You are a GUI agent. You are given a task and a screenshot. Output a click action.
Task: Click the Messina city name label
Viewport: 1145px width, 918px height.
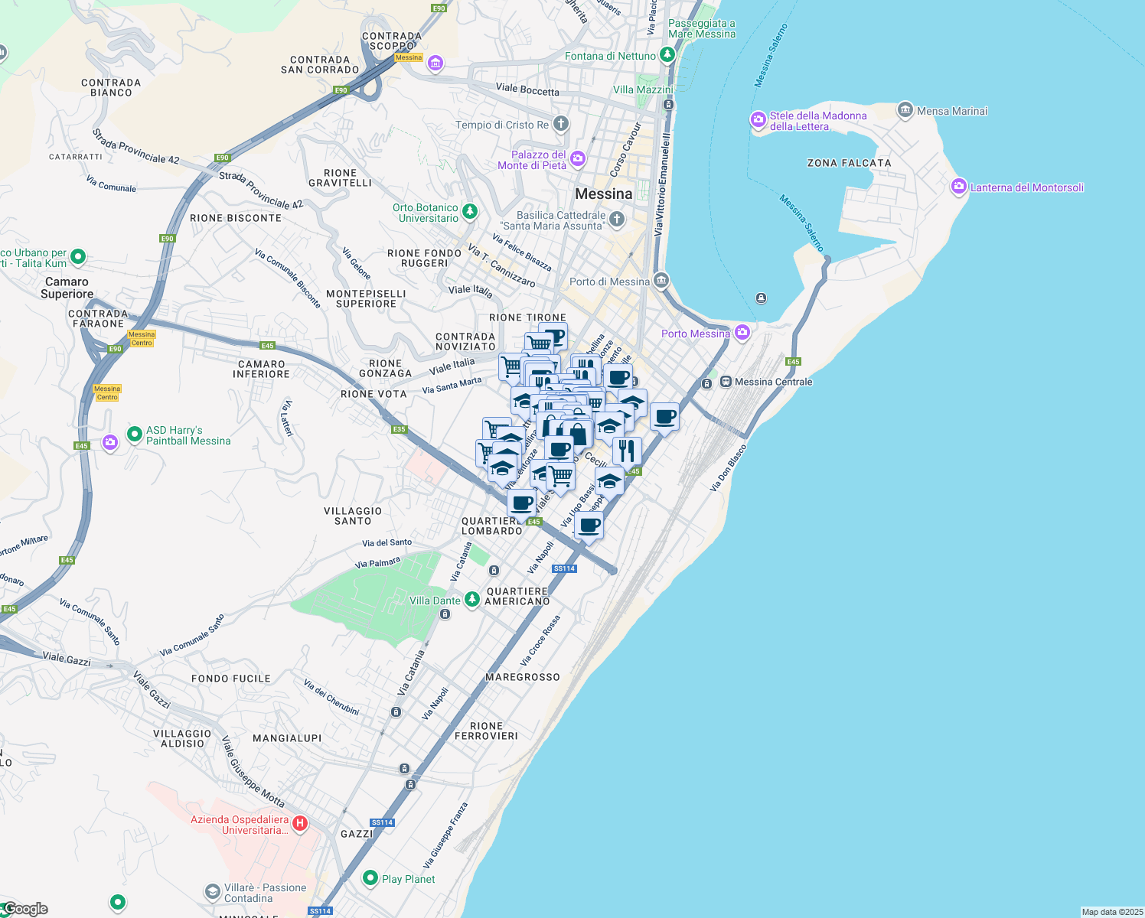point(604,194)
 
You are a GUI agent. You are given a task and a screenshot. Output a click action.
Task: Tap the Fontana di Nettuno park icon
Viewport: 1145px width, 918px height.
point(667,55)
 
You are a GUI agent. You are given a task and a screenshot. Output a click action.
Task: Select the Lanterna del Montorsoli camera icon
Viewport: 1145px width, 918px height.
point(959,187)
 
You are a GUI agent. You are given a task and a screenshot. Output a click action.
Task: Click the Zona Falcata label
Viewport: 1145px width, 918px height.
point(849,163)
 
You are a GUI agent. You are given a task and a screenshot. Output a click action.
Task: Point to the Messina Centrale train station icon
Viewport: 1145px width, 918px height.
point(726,382)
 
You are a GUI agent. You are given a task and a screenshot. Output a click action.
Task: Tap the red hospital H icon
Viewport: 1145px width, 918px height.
point(300,824)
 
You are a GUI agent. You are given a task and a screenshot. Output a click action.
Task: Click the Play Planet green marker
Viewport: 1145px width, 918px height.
point(370,878)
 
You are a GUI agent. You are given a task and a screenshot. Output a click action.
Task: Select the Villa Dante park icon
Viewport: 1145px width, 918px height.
point(472,599)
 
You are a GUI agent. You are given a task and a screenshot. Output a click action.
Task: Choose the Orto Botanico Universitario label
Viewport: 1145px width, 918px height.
point(426,213)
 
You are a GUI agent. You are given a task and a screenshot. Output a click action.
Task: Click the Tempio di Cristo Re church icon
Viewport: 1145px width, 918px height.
point(560,124)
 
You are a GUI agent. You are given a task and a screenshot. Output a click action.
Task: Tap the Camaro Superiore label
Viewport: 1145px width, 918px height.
point(67,288)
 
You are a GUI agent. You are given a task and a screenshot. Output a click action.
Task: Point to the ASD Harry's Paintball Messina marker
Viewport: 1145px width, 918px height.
point(135,435)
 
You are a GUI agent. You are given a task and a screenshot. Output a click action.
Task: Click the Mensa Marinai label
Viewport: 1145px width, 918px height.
point(952,111)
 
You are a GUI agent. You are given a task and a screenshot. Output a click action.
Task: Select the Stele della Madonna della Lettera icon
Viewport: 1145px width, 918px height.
point(758,119)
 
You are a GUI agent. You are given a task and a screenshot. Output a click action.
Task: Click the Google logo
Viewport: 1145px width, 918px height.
point(25,909)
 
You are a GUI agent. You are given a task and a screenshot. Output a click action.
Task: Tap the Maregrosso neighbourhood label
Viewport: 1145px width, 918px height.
point(523,677)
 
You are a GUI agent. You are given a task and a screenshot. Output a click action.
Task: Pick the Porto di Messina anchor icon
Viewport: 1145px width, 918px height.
point(661,280)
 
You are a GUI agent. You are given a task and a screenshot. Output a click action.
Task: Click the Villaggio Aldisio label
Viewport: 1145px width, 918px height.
point(182,738)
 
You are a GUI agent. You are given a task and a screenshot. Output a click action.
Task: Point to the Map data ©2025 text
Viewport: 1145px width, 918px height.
point(1111,912)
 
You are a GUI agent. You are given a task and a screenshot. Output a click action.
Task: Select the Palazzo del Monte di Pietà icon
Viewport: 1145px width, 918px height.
point(578,159)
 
